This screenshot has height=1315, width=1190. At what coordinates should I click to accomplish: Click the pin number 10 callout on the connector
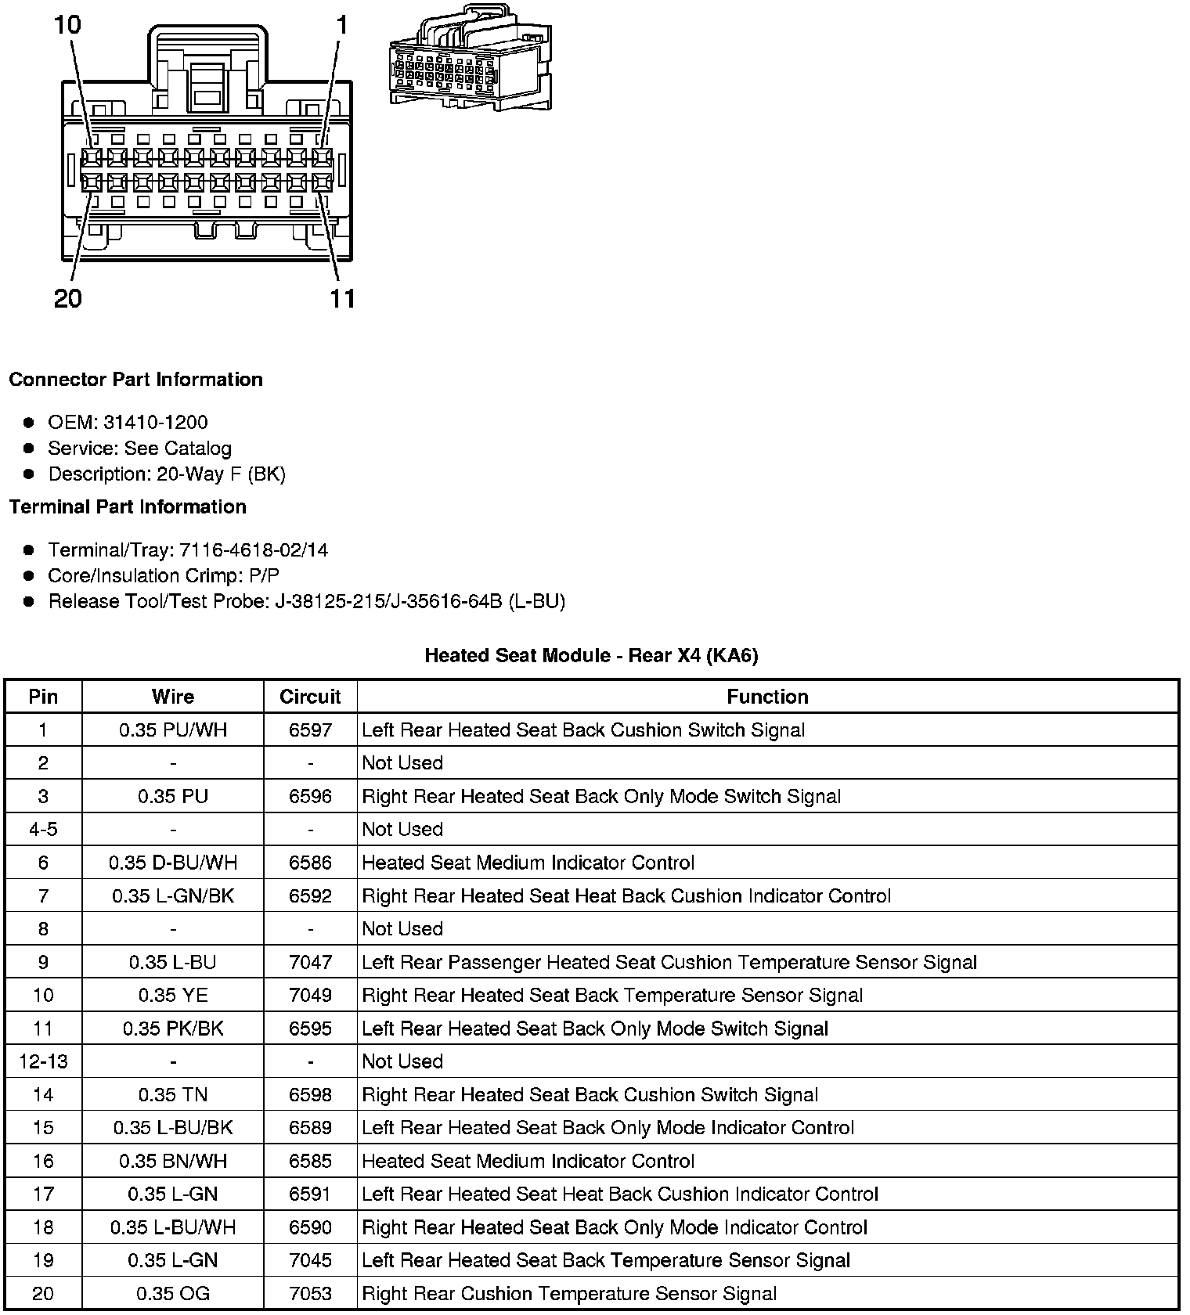point(67,25)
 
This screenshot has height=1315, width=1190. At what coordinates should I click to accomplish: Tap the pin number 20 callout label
point(67,298)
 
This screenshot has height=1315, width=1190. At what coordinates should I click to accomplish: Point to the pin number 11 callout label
point(342,298)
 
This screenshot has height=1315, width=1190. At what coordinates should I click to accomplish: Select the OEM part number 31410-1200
point(155,423)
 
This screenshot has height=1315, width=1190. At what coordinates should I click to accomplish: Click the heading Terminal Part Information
point(128,507)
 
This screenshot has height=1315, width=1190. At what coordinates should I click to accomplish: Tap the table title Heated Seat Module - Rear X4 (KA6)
point(591,655)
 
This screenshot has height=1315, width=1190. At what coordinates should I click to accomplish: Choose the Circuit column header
point(310,697)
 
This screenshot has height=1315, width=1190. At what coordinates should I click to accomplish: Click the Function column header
point(767,697)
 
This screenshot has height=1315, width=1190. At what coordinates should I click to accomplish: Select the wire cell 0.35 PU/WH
point(173,730)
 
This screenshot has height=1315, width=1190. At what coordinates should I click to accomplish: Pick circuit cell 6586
point(310,863)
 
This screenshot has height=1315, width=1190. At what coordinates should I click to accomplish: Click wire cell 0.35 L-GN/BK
point(173,896)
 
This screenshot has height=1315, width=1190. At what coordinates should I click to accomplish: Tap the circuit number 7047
point(310,962)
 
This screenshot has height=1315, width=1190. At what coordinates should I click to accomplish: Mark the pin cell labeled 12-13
point(43,1061)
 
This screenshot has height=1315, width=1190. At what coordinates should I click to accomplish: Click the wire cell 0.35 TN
point(173,1095)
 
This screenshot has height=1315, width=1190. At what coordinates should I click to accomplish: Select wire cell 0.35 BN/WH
point(173,1161)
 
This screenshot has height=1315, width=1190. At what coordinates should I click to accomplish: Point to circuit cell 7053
point(310,1294)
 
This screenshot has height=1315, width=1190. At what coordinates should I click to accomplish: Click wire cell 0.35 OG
point(173,1294)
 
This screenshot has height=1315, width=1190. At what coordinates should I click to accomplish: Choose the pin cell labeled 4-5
point(43,830)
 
